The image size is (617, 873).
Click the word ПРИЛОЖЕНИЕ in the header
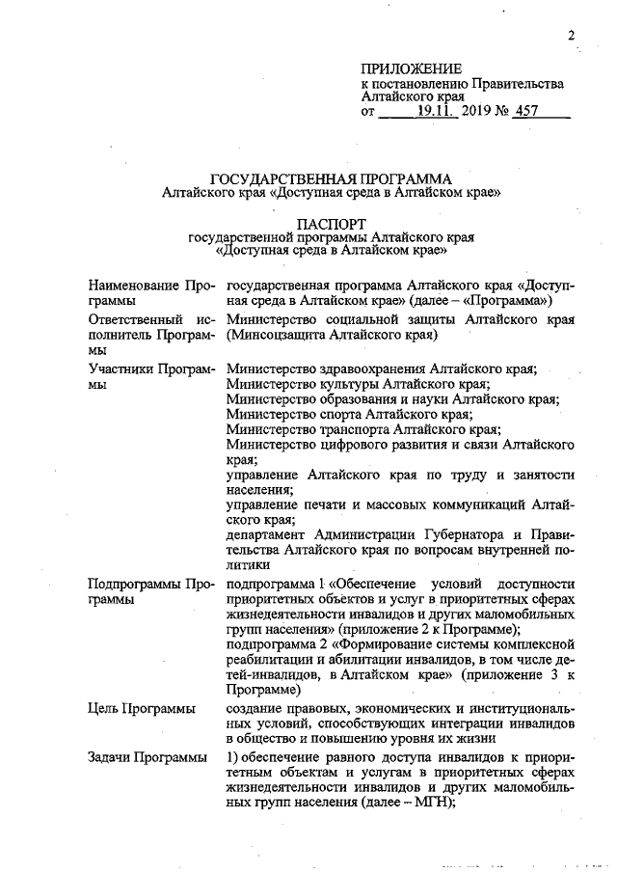412,69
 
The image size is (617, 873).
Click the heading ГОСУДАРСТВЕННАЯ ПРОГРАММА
332,178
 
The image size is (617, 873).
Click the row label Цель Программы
142,709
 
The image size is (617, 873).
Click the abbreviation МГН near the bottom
430,803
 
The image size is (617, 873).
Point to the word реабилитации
269,646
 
